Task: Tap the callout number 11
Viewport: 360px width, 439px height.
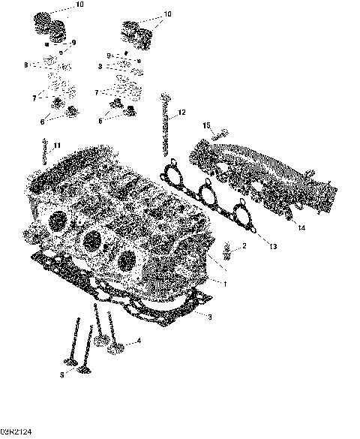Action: point(57,145)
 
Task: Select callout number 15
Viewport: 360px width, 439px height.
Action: point(207,125)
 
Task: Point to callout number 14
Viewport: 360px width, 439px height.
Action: point(300,227)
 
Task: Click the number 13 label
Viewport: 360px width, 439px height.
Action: point(273,246)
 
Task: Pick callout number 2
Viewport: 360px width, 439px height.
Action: point(244,246)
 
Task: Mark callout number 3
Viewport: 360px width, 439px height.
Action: point(210,317)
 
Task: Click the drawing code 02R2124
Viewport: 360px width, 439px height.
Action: point(16,433)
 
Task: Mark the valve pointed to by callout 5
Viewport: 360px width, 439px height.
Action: point(75,353)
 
